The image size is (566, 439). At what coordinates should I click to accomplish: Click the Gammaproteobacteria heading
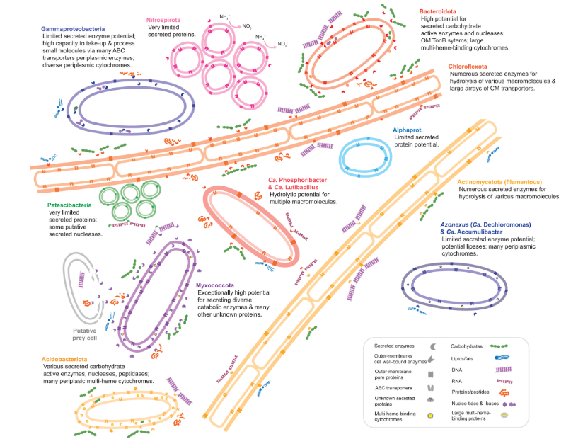[x=73, y=29]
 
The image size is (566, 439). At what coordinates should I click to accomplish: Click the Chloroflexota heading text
[x=470, y=67]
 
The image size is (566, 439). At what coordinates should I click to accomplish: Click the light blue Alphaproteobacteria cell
[x=366, y=157]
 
